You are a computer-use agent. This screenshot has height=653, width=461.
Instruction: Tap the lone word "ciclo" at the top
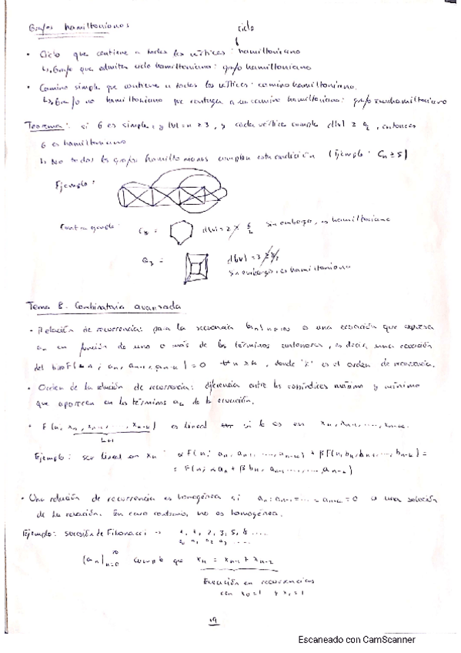(x=246, y=28)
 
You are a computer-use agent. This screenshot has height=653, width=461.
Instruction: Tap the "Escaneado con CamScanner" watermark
(x=357, y=639)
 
